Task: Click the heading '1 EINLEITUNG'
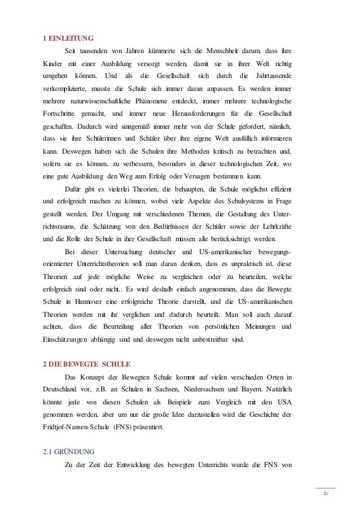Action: [68, 38]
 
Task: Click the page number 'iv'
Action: [325, 495]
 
